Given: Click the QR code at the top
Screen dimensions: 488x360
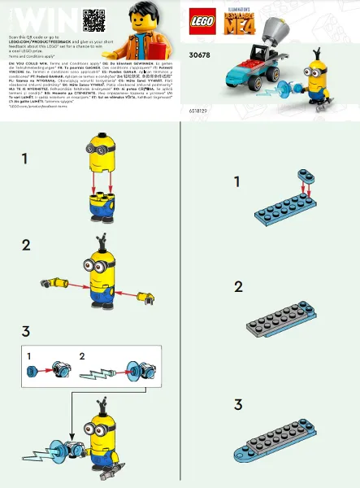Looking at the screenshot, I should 94,19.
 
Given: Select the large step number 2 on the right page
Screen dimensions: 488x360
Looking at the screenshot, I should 238,286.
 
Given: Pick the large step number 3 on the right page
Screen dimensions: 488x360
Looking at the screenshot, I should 238,404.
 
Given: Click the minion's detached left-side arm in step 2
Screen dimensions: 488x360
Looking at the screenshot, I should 54,282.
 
